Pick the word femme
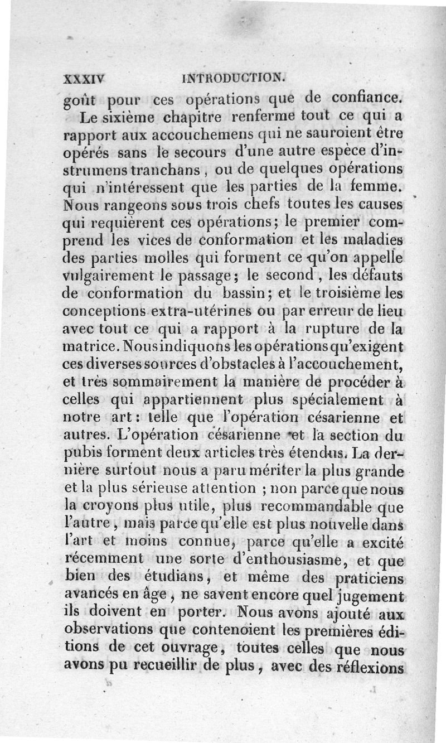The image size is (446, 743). pyautogui.click(x=377, y=186)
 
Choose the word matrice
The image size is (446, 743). pyautogui.click(x=90, y=347)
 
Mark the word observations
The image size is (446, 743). pyautogui.click(x=100, y=631)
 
